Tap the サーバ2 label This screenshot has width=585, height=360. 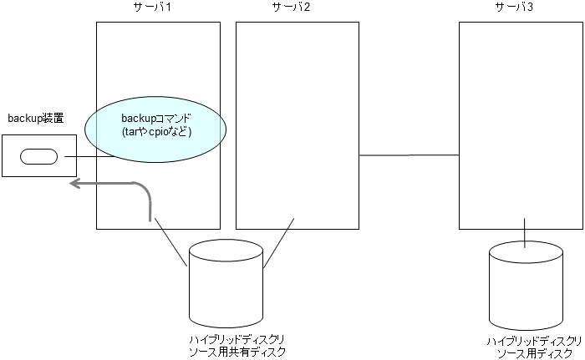[x=292, y=8]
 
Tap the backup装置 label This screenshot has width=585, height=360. [x=36, y=118]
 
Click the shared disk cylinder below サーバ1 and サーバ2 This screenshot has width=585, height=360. [x=226, y=283]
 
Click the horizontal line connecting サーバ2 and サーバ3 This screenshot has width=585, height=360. [x=409, y=155]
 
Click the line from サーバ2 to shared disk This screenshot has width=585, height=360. [x=278, y=244]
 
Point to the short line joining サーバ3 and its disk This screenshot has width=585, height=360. [x=524, y=233]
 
